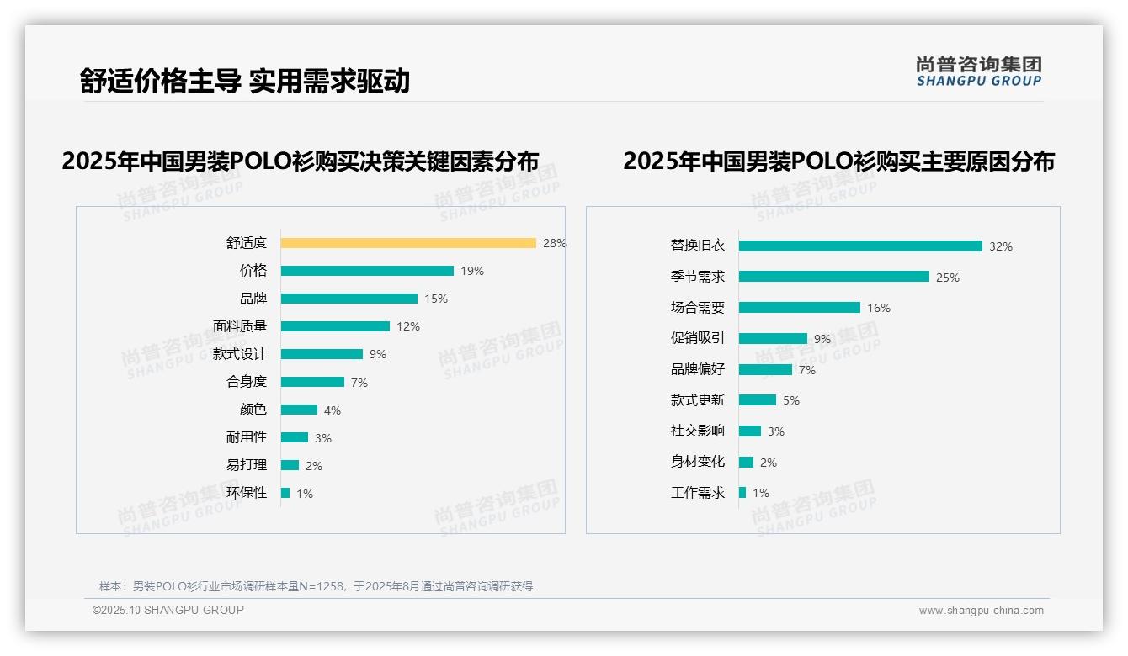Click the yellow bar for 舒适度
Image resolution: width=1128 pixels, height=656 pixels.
click(x=408, y=243)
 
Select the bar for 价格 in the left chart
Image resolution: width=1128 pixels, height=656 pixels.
click(x=367, y=271)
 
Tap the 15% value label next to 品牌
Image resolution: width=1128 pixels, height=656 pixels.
click(x=436, y=299)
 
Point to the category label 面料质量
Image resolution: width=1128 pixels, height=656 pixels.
click(x=240, y=326)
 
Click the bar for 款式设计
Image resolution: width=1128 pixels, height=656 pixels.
click(x=322, y=354)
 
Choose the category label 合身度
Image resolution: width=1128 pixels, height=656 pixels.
click(x=247, y=382)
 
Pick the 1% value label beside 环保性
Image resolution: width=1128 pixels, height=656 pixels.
click(x=305, y=494)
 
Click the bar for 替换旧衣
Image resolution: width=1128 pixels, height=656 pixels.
click(x=860, y=246)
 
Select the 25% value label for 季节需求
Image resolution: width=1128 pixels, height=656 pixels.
click(x=948, y=278)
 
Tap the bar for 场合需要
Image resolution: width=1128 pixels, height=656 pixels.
click(x=800, y=308)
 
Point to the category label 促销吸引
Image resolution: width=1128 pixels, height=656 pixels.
click(x=698, y=338)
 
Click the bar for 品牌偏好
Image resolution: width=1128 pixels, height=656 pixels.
click(x=765, y=369)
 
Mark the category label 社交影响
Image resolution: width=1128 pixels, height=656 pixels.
click(x=698, y=431)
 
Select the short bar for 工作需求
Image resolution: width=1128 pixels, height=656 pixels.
click(x=742, y=493)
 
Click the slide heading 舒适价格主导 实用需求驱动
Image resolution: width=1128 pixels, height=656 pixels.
click(x=245, y=81)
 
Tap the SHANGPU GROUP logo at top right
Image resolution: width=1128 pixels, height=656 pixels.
click(x=979, y=71)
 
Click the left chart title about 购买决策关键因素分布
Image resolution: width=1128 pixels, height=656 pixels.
click(x=301, y=161)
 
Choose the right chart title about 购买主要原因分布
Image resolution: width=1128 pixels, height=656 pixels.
click(x=838, y=161)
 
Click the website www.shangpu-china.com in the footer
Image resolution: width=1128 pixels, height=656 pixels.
click(x=981, y=611)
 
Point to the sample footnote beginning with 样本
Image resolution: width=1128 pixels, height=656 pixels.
click(x=316, y=586)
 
